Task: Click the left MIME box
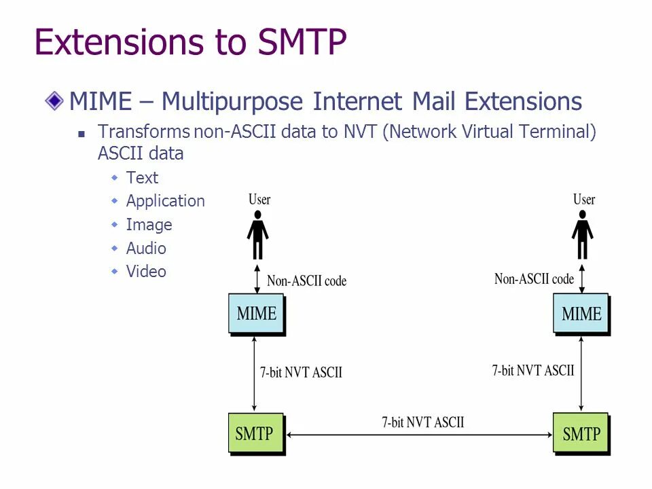tap(256, 313)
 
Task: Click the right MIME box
tap(581, 313)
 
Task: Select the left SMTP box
tap(254, 433)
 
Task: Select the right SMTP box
tap(581, 433)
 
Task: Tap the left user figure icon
tap(257, 235)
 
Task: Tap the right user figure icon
tap(582, 235)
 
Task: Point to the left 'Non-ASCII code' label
tap(306, 280)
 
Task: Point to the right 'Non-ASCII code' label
tap(534, 278)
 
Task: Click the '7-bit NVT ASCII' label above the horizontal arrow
tap(422, 422)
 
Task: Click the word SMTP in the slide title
tap(302, 42)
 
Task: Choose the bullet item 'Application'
tap(165, 201)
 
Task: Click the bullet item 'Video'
tap(146, 272)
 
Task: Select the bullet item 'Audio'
tap(146, 249)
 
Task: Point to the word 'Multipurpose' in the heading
tap(232, 102)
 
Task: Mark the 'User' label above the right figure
tap(584, 200)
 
